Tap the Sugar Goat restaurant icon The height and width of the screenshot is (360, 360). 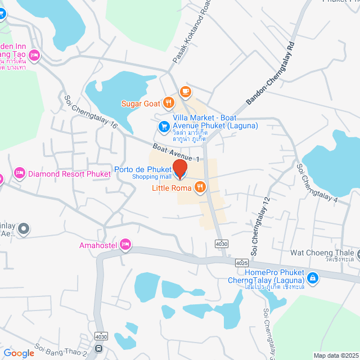[x=168, y=103]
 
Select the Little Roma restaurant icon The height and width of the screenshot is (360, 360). [x=199, y=187]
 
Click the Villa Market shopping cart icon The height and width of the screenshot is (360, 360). [x=164, y=127]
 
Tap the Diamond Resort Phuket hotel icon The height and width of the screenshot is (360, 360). [x=20, y=172]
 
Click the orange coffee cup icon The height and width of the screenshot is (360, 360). [x=185, y=91]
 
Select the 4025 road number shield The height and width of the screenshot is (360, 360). [x=242, y=263]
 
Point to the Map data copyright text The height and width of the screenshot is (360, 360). [x=335, y=355]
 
